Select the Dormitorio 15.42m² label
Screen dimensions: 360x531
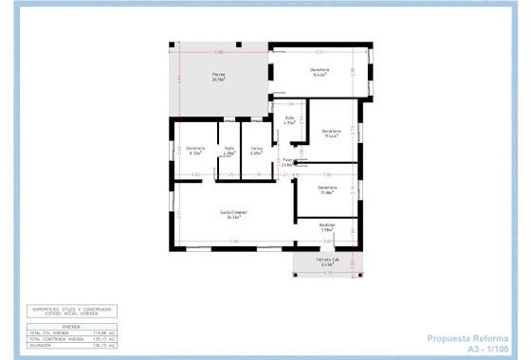319,73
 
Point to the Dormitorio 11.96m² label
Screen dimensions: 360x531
327,189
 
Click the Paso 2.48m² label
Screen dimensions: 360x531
287,163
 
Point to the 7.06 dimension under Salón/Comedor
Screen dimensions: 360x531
233,243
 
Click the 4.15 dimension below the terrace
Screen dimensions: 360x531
328,273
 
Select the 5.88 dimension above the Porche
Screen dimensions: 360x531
218,52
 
